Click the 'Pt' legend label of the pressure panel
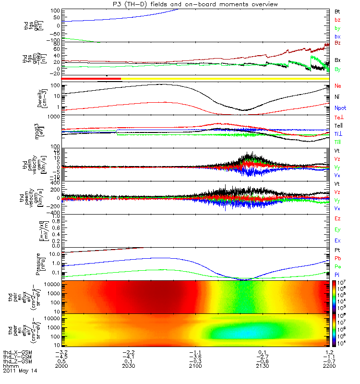pos(337,251)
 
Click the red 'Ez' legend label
pos(337,218)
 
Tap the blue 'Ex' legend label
pos(337,240)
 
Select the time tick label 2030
pos(130,366)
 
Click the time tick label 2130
pos(262,366)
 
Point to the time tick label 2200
pos(328,366)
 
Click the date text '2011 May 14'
pos(20,371)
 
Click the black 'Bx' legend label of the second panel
pos(337,60)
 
